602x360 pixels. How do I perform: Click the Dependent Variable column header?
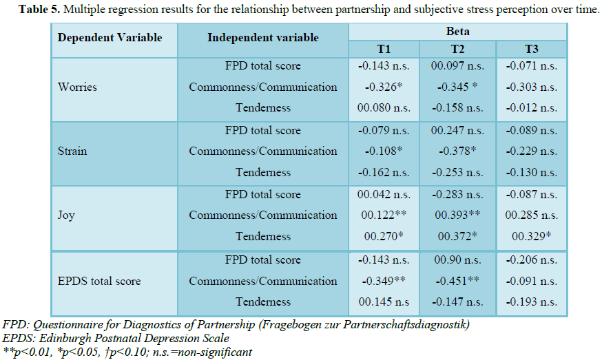pos(110,37)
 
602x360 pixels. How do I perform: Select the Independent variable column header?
pos(263,37)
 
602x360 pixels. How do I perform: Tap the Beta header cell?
pos(457,31)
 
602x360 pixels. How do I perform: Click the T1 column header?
pos(384,49)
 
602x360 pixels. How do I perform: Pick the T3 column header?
pos(531,49)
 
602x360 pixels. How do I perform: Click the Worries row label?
pos(78,87)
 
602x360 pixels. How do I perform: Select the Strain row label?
pos(72,151)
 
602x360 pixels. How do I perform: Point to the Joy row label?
pos(67,215)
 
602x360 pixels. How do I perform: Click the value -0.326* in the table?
pos(384,87)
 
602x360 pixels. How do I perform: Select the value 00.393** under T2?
pos(457,215)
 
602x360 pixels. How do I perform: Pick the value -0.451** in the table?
pos(457,281)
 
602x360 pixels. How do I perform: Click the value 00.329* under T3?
pos(531,236)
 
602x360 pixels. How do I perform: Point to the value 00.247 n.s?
pos(457,130)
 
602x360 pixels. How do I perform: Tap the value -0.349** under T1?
pos(384,281)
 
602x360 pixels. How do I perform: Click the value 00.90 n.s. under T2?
pos(457,260)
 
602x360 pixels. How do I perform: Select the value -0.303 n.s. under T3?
pos(531,87)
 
